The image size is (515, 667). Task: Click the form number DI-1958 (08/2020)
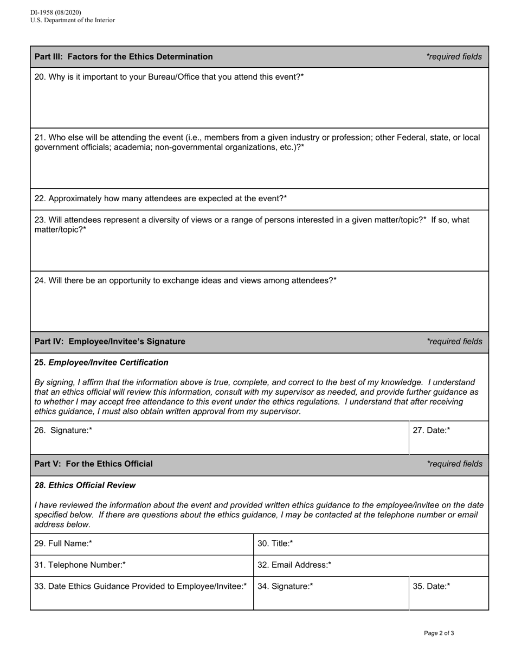click(x=56, y=12)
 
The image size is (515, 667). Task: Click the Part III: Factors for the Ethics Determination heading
click(x=124, y=56)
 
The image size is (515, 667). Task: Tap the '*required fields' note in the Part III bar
click(x=454, y=56)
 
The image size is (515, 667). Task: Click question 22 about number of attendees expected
click(x=160, y=198)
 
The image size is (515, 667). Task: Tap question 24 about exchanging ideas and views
click(x=185, y=280)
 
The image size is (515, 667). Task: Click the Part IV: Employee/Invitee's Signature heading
click(x=110, y=341)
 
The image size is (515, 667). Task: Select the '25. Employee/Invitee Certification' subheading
click(x=101, y=362)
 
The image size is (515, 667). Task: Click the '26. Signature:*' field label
click(x=63, y=431)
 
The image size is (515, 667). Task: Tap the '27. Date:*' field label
click(x=432, y=431)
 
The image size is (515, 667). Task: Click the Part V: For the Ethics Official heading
click(x=94, y=464)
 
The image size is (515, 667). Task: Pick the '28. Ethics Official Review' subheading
click(x=85, y=485)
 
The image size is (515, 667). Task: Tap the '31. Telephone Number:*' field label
click(x=80, y=565)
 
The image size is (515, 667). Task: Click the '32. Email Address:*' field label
click(x=294, y=565)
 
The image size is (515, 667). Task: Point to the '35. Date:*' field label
click(x=432, y=586)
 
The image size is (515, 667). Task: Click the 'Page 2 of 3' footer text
click(x=439, y=633)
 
